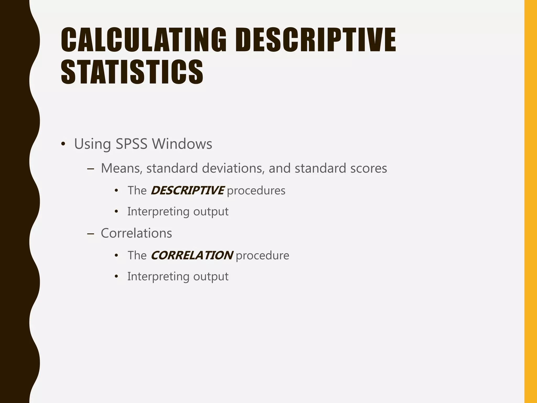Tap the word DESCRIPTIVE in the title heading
[x=315, y=40]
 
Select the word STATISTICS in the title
[x=132, y=72]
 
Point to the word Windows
[x=182, y=144]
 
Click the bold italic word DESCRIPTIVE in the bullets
[x=187, y=190]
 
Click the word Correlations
[x=136, y=233]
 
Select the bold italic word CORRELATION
[x=192, y=255]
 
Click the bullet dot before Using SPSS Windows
[x=63, y=144]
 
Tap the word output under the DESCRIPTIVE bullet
[x=211, y=211]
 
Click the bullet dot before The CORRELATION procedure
[x=116, y=255]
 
